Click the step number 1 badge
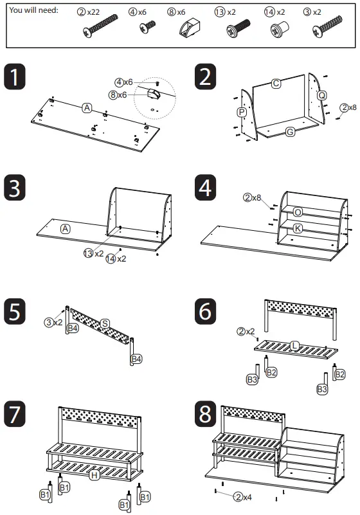pos(14,77)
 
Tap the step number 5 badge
pos(14,311)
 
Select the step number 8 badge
pos(205,413)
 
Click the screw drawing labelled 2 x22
pos(100,26)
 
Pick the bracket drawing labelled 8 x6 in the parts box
pos(190,27)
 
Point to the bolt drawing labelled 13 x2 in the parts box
pos(238,28)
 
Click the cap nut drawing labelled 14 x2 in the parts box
pos(280,29)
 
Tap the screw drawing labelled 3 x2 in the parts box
pos(327,26)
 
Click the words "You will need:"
pos(33,10)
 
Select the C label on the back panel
pos(276,84)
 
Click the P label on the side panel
pos(242,113)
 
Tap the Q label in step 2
pos(322,95)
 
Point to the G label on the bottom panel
pos(290,132)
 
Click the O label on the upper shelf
pos(298,212)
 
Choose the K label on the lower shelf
pos(298,228)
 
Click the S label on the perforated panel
pos(105,323)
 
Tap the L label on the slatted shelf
pos(294,345)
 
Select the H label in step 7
pos(94,475)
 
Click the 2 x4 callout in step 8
pos(243,497)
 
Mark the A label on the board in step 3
pos(66,229)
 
